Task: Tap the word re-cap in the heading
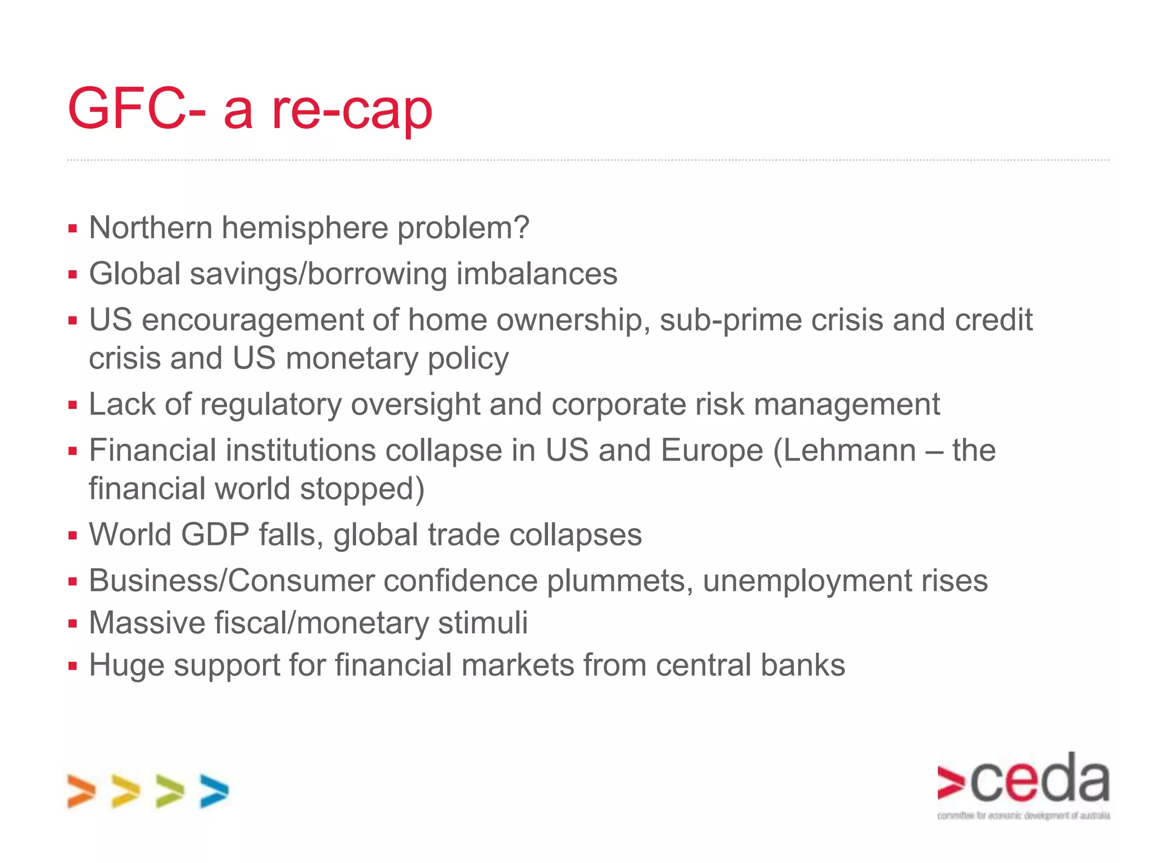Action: [352, 110]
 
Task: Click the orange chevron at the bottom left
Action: [81, 791]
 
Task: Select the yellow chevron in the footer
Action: [125, 791]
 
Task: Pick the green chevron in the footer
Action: [170, 791]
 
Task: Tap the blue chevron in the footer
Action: [214, 791]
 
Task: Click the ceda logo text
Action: [1040, 780]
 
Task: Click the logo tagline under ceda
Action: [1023, 815]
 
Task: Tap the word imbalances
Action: [536, 274]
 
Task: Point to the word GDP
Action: [215, 534]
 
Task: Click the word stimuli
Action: [483, 623]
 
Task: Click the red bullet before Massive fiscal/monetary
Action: [72, 623]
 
